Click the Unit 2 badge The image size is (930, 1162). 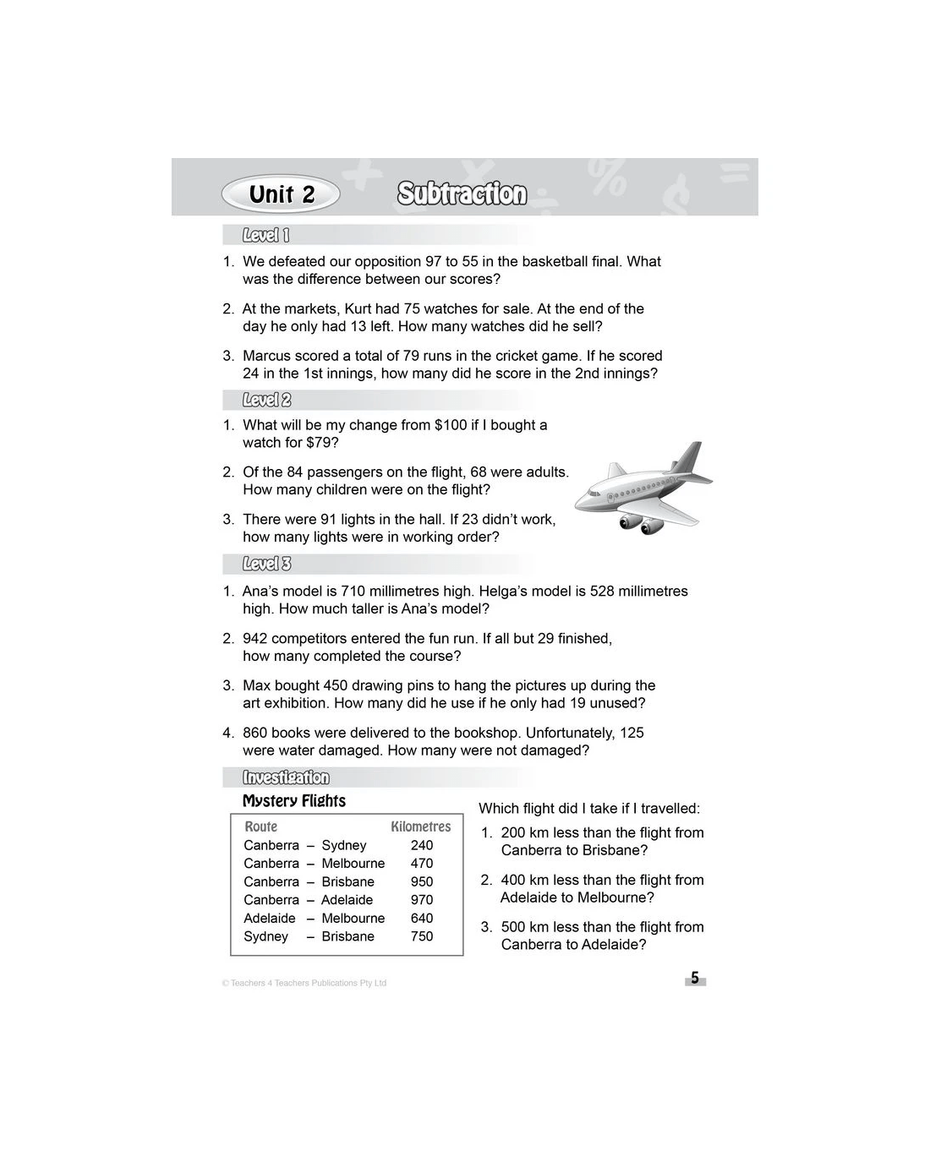281,194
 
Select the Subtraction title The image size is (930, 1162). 462,194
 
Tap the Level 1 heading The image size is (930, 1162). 265,236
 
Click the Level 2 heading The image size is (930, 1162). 266,400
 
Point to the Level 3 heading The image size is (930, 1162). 266,564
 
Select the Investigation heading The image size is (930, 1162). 286,777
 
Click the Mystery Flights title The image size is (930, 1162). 294,801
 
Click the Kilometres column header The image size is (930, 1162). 420,826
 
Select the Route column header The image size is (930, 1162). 260,826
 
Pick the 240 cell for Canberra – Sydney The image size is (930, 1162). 422,845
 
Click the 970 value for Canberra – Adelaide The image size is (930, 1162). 422,900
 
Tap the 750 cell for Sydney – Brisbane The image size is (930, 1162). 422,936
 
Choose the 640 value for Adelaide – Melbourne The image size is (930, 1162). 422,919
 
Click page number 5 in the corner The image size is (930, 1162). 695,979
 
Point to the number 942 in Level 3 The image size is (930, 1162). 254,639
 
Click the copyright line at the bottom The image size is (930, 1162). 304,983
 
